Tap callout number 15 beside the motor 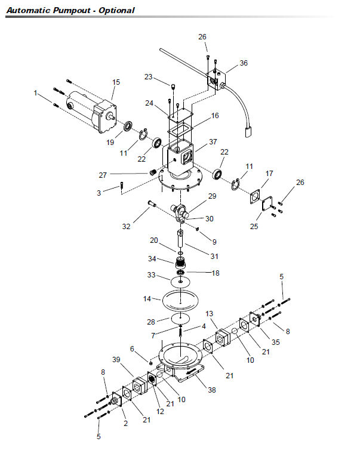click(116, 82)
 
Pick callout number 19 click(110, 142)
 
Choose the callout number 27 click(103, 175)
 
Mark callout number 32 click(126, 227)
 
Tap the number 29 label click(211, 196)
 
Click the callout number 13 click(210, 314)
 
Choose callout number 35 click(275, 342)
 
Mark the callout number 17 click(269, 174)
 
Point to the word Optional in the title click(116, 10)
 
